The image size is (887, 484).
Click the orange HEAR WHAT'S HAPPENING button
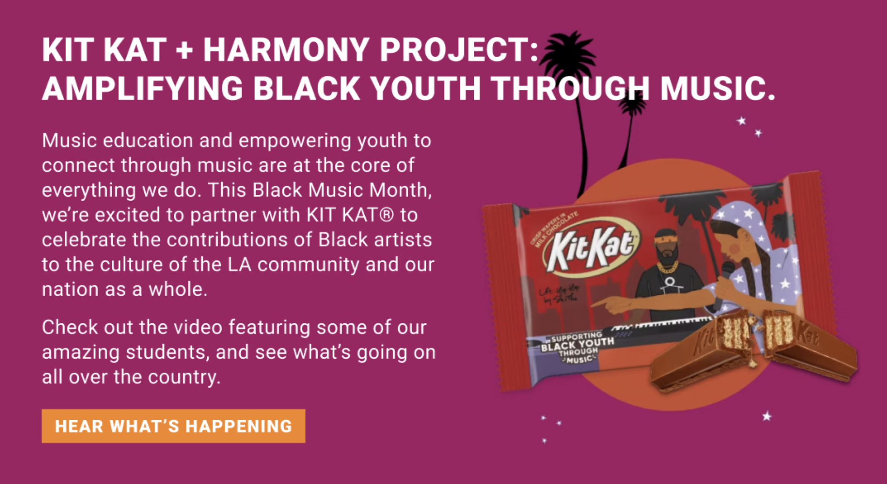tap(173, 426)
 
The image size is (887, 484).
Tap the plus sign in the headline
tap(185, 50)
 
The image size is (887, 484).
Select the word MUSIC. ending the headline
tap(717, 88)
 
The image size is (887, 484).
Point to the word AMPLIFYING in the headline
tap(142, 88)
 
